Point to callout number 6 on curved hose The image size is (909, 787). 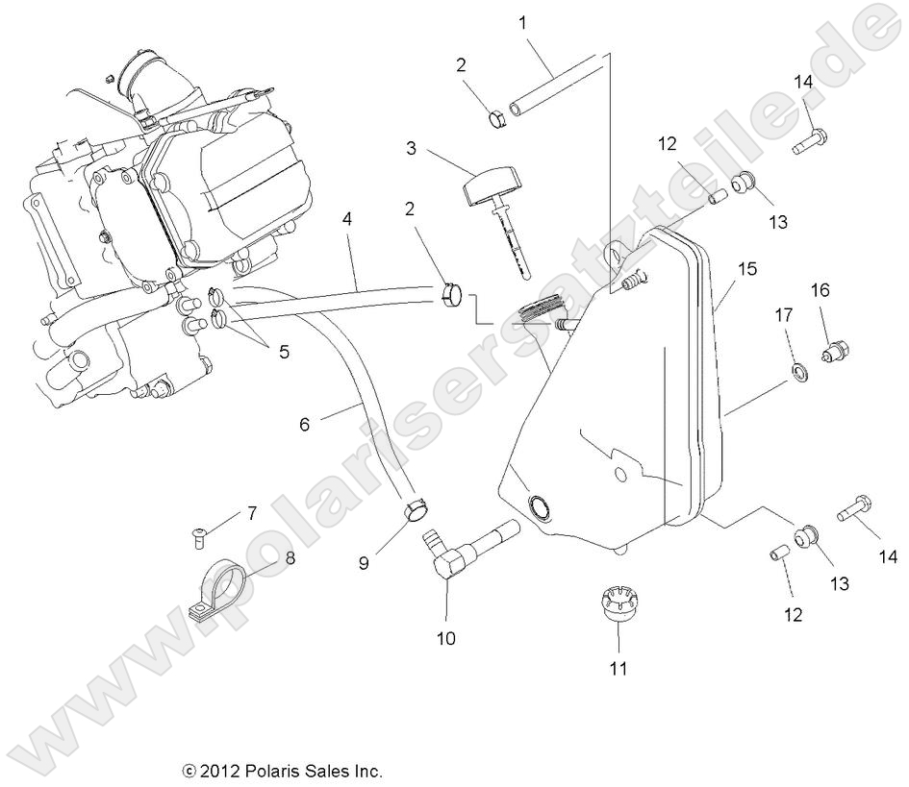[x=304, y=422]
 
